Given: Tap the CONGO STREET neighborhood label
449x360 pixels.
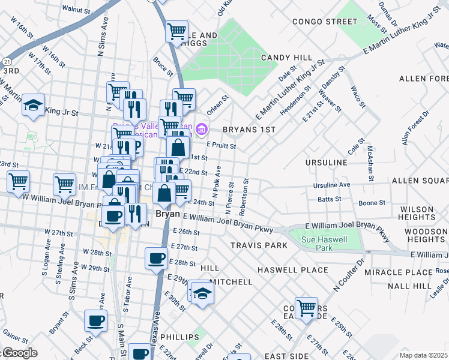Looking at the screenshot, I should pos(325,22).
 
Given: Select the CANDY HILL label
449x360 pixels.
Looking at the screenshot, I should pos(286,58).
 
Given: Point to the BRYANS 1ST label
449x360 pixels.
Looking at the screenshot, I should pos(249,130).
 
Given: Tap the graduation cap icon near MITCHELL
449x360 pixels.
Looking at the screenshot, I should pos(203,293).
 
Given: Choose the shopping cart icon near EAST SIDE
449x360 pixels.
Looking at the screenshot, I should pos(306,308).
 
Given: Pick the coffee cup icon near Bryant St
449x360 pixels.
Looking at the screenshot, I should pos(96,320).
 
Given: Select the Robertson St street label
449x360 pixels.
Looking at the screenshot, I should pos(243,198).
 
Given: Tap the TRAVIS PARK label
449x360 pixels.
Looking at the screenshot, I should pos(259,245).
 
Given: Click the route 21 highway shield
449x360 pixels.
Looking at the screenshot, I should pos(6,61).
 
